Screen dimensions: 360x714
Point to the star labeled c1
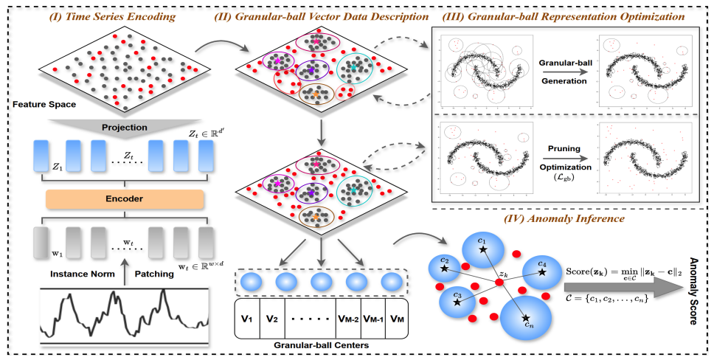pyautogui.click(x=482, y=252)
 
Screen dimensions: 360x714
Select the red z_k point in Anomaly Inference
pyautogui.click(x=499, y=283)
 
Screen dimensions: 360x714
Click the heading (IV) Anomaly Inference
pyautogui.click(x=566, y=218)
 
